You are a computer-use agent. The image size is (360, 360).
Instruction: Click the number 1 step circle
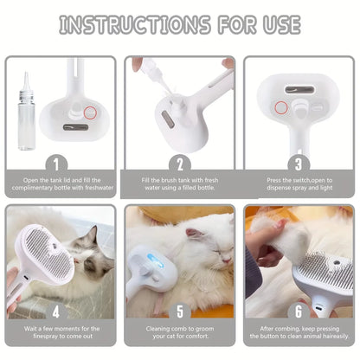pyautogui.click(x=60, y=162)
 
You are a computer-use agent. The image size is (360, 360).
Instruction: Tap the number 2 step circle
pyautogui.click(x=179, y=162)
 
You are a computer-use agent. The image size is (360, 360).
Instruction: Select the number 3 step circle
pyautogui.click(x=299, y=162)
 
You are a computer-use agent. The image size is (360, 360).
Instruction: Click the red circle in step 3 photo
pyautogui.click(x=281, y=108)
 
